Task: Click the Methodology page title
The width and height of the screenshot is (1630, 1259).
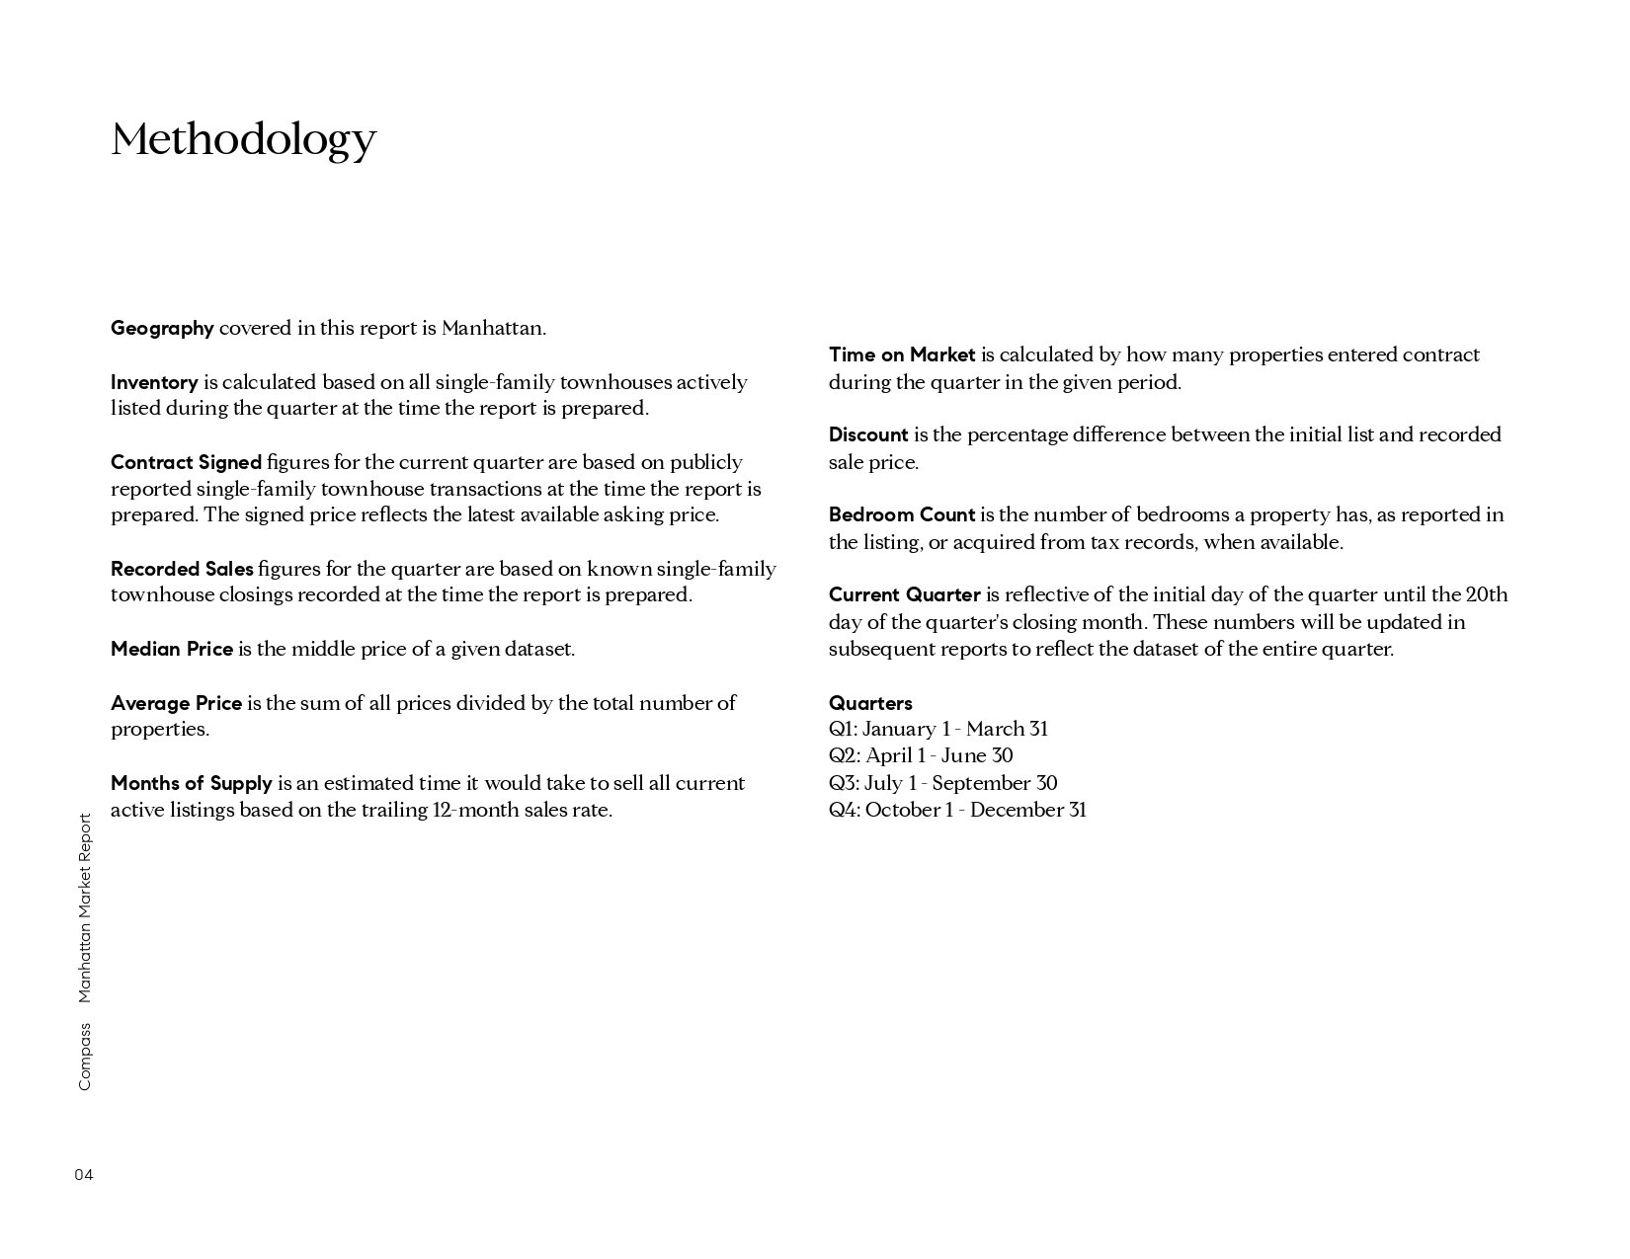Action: [x=243, y=139]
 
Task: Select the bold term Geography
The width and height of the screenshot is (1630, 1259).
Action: [x=162, y=328]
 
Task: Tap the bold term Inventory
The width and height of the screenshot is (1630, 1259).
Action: [x=154, y=382]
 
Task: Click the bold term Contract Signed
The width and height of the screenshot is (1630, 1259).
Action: [x=186, y=462]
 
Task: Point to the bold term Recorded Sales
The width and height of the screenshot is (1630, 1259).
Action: [x=182, y=569]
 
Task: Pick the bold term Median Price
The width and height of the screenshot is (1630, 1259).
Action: [x=172, y=649]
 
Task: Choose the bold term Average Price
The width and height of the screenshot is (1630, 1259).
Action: [x=176, y=703]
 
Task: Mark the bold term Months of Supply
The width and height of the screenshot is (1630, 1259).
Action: [x=191, y=783]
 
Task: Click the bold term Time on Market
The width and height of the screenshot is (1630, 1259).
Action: [x=902, y=354]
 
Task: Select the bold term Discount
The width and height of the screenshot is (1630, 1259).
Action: [x=868, y=434]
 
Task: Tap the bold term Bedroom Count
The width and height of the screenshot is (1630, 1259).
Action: [x=902, y=514]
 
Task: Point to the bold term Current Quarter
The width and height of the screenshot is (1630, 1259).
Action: [x=905, y=594]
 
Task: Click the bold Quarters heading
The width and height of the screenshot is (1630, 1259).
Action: [x=870, y=703]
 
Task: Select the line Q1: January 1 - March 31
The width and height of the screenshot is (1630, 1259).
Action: [x=938, y=729]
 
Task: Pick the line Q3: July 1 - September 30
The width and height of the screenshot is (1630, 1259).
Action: [x=942, y=783]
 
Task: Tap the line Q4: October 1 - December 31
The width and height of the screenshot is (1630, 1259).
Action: [x=957, y=810]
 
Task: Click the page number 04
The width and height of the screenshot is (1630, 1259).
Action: [x=84, y=1175]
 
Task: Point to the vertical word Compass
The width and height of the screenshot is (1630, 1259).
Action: [x=84, y=1057]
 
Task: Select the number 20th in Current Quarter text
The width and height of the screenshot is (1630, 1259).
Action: [x=1486, y=594]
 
